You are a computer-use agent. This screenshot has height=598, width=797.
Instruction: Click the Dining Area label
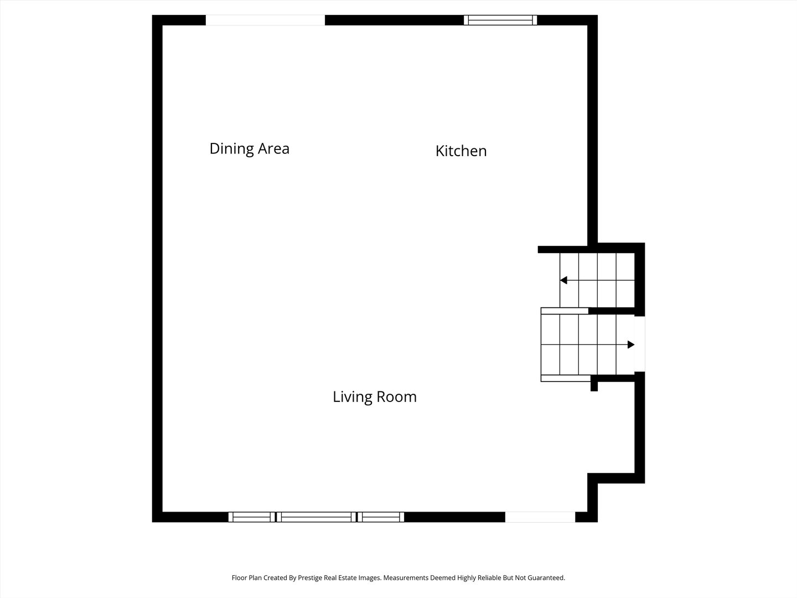pos(250,148)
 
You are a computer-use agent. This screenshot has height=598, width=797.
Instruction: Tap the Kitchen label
pos(461,151)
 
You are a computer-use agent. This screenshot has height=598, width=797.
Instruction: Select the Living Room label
pos(374,397)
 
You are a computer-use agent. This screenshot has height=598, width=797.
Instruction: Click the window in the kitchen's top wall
pos(500,20)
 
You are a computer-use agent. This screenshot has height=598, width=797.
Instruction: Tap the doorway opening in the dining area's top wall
pos(265,20)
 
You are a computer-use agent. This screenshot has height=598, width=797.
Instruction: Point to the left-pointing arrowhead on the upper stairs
pos(563,280)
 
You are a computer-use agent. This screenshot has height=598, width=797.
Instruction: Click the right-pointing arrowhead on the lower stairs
pos(631,344)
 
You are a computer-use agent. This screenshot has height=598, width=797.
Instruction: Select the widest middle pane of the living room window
pos(316,517)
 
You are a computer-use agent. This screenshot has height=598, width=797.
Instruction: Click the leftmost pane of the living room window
pos(252,517)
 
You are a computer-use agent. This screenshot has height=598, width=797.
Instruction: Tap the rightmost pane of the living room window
pos(381,517)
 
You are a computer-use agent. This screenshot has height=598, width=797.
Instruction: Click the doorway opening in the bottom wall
pos(540,517)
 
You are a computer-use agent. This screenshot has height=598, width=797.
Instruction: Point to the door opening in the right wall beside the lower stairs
pos(640,344)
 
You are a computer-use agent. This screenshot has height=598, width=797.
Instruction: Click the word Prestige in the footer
pos(310,578)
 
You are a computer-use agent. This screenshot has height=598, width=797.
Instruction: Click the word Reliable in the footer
pos(489,578)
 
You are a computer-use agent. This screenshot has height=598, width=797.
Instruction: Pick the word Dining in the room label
pos(232,149)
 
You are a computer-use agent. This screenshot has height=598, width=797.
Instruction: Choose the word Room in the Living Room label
pos(396,397)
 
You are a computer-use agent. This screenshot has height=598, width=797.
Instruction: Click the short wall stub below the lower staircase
pos(594,383)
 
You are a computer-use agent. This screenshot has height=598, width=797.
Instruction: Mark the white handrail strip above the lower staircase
pos(565,311)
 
